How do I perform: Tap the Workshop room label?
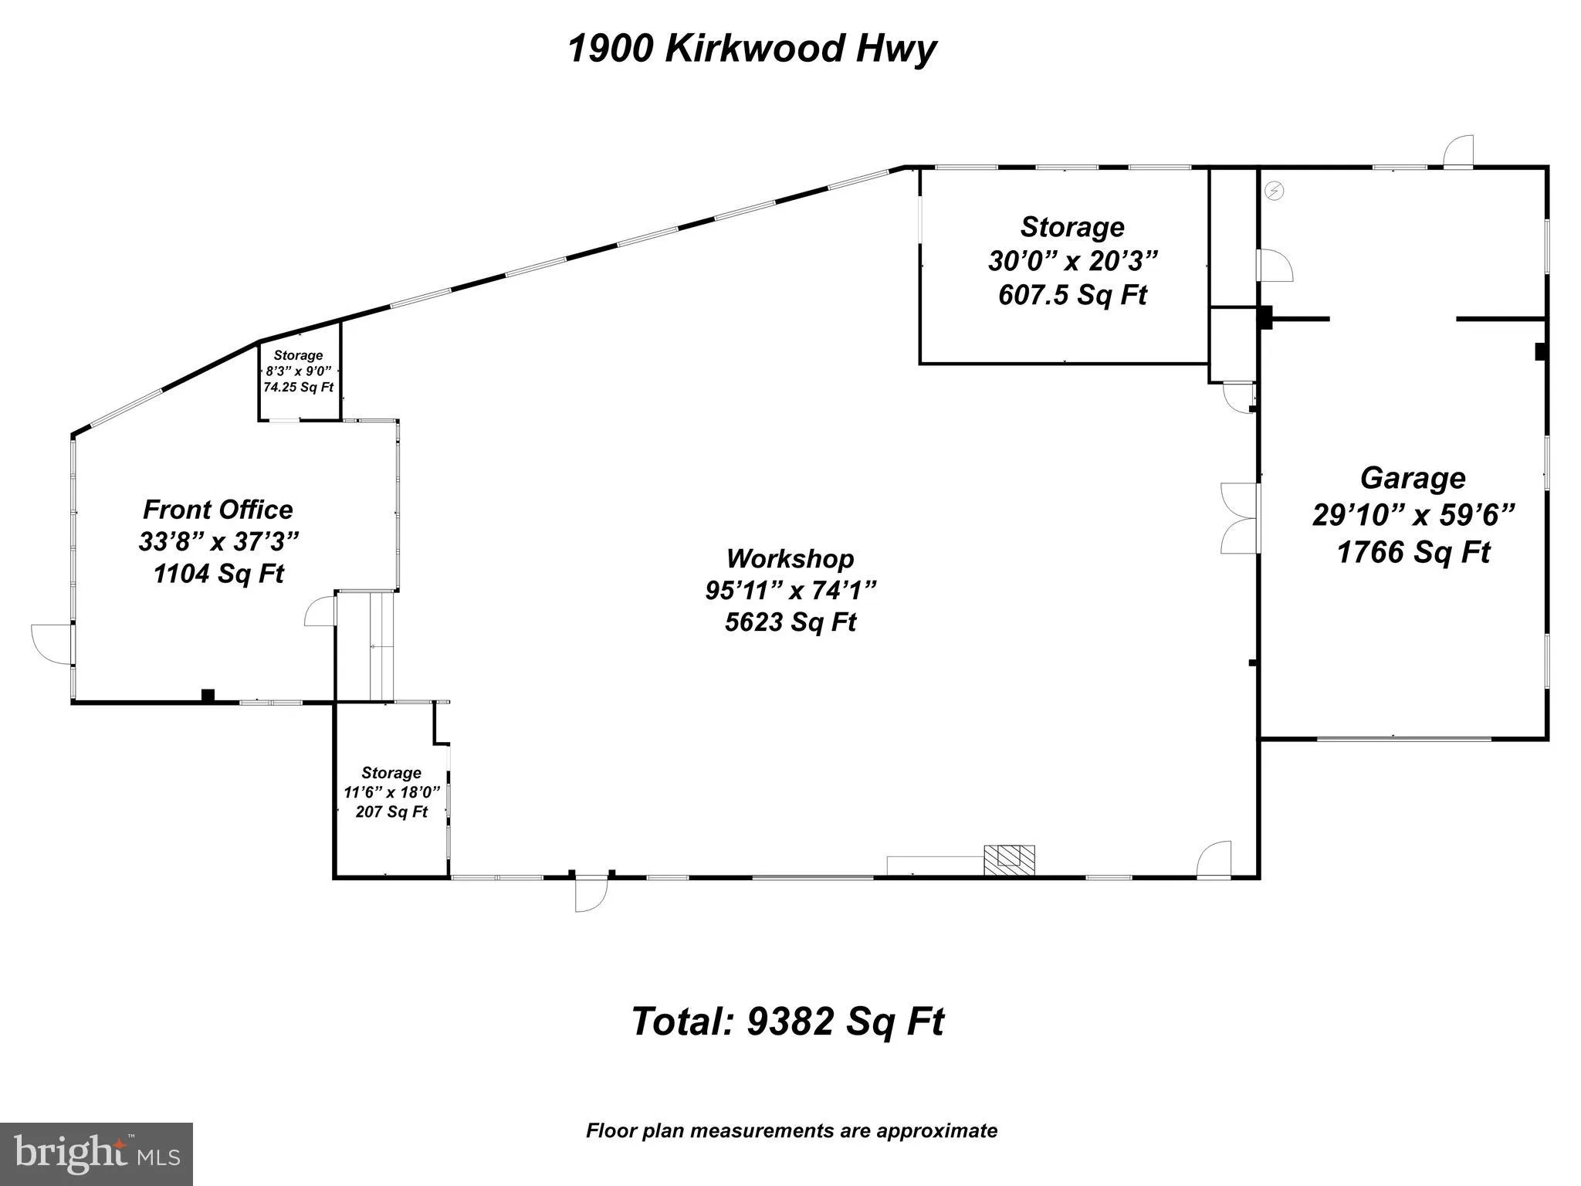[790, 558]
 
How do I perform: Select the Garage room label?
[1412, 478]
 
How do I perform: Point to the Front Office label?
[218, 510]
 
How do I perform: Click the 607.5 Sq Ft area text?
[1072, 294]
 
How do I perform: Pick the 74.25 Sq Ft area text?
[299, 387]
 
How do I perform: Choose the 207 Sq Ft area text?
[391, 812]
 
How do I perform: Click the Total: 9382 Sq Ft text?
[787, 1022]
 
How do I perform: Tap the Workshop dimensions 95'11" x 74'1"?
[790, 590]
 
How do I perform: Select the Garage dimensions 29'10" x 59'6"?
[1413, 514]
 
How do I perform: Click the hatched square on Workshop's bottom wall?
[1009, 859]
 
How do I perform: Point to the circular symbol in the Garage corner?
[1275, 191]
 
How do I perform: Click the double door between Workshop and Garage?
[1240, 518]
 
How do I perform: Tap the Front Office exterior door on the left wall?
[51, 643]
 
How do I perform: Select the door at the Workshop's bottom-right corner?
[1214, 859]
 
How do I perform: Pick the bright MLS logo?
[96, 1154]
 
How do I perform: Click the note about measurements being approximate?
[791, 1131]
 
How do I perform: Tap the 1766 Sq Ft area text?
[1413, 552]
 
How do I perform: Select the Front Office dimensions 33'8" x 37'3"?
[218, 541]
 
